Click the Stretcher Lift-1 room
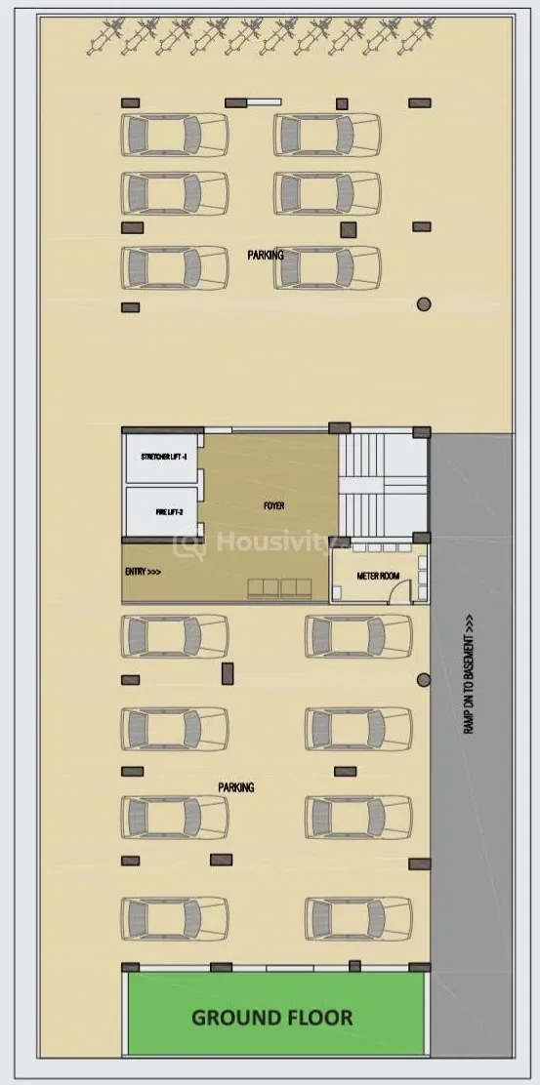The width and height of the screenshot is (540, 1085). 160,458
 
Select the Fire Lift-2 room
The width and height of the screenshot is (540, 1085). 160,511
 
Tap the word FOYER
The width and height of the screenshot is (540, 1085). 274,505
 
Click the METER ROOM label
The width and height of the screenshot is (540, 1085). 378,576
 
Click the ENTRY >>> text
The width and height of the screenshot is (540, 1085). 144,572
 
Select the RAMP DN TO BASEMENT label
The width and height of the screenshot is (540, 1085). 470,674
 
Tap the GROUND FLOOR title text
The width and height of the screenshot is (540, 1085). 272,1018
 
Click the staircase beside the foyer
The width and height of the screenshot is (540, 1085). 383,484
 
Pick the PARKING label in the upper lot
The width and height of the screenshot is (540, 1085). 266,255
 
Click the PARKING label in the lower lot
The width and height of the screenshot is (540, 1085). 236,786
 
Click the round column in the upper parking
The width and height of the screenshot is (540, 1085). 424,303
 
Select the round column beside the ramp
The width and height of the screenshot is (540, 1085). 424,680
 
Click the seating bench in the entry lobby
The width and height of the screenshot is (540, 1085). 279,588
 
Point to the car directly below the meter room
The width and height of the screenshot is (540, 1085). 358,636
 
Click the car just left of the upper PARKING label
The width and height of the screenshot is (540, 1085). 175,267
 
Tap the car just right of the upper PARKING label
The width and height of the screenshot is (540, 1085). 327,267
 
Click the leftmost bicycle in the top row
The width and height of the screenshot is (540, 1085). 105,37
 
